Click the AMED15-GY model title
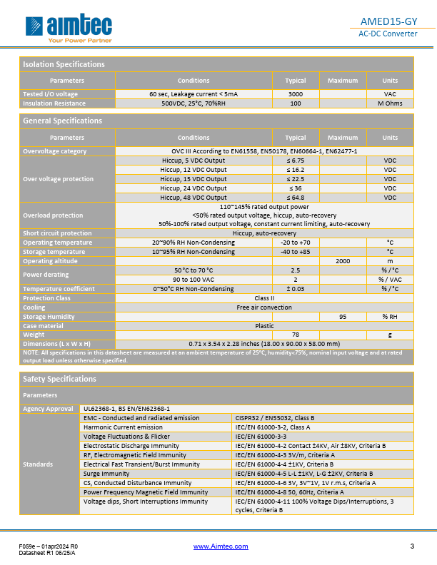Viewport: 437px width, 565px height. click(x=388, y=21)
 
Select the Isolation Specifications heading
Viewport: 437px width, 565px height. click(x=64, y=64)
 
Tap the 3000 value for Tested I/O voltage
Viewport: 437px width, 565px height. click(x=295, y=94)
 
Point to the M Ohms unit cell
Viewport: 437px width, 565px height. click(x=390, y=103)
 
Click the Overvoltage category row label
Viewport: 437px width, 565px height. click(x=55, y=151)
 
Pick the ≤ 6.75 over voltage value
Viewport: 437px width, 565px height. click(x=295, y=161)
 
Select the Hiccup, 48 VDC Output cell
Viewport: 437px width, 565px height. click(x=193, y=198)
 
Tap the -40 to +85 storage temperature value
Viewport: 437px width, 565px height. click(x=295, y=252)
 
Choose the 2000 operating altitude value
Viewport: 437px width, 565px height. click(x=342, y=261)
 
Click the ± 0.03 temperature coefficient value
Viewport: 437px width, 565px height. click(x=295, y=289)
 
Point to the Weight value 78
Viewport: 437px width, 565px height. click(x=295, y=335)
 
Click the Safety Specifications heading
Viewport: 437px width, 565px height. click(x=60, y=379)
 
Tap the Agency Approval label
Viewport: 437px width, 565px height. click(x=49, y=409)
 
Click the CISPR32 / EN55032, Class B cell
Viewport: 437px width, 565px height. click(x=276, y=417)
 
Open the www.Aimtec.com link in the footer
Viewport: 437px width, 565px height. click(x=221, y=546)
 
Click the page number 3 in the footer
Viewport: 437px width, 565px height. click(x=412, y=546)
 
